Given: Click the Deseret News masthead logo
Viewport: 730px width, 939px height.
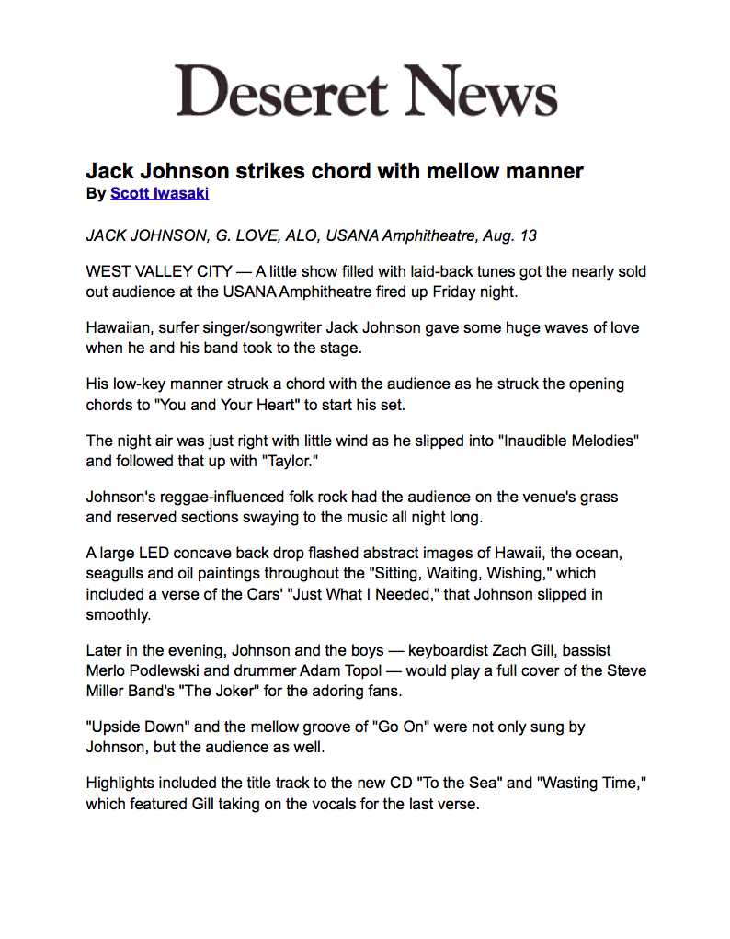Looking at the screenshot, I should click(367, 90).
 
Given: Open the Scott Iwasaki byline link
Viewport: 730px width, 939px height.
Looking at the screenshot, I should click(159, 193).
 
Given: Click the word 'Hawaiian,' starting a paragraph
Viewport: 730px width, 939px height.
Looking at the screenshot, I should click(119, 327).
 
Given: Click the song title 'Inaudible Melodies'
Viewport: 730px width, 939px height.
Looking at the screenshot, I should click(568, 441).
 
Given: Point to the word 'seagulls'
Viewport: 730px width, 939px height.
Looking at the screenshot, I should click(115, 573).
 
